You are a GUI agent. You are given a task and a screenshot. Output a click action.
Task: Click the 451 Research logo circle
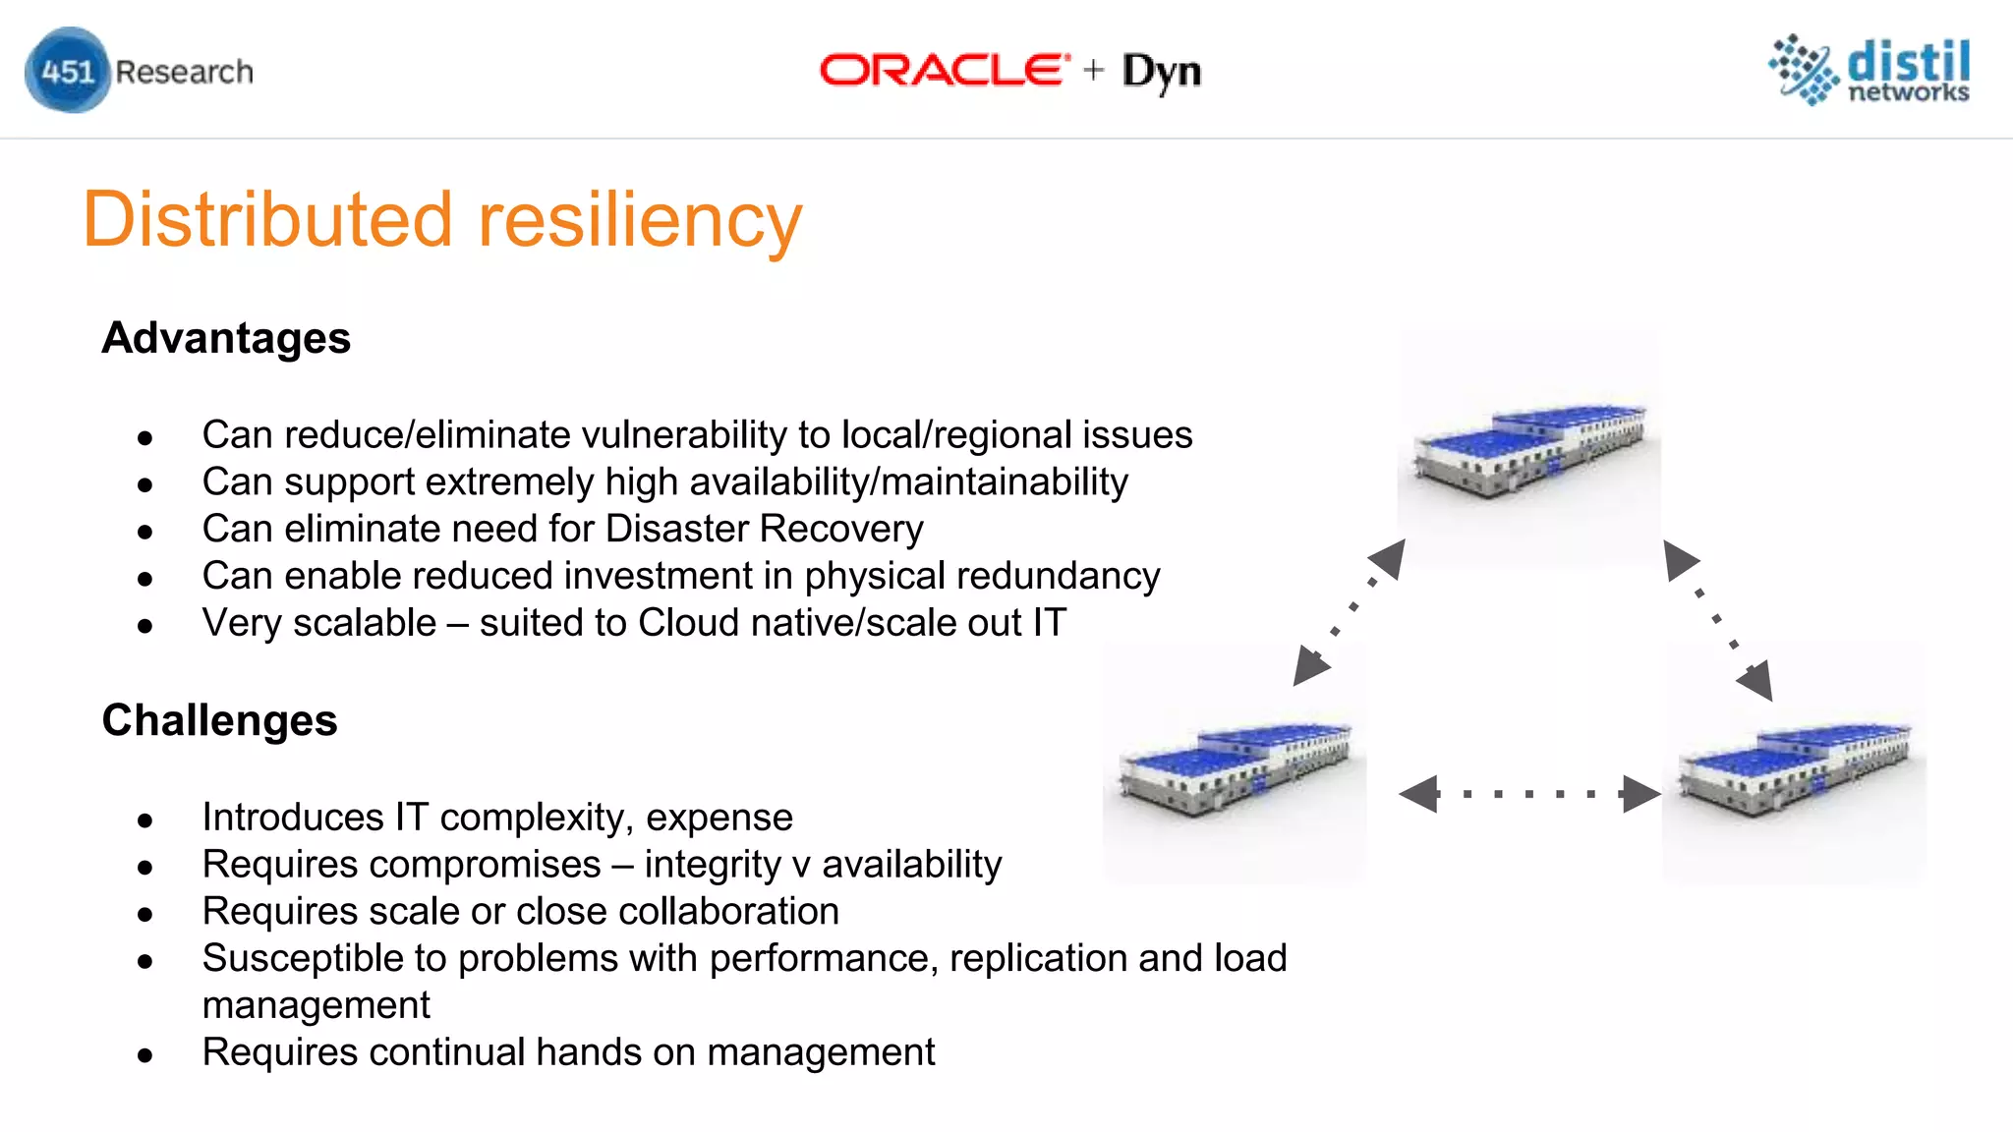click(67, 71)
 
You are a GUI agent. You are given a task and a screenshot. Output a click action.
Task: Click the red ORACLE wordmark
click(944, 71)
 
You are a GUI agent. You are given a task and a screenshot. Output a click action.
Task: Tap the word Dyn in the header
click(1162, 72)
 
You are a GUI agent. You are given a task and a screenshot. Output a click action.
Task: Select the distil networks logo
click(1869, 70)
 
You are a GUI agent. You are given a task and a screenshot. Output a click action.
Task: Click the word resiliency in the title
click(640, 220)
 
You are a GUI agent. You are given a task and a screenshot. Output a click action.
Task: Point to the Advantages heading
click(226, 338)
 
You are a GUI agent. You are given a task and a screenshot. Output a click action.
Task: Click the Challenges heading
click(220, 720)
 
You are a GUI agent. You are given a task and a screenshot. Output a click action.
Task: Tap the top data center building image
click(1529, 450)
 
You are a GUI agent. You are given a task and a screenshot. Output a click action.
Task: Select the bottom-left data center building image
click(1236, 767)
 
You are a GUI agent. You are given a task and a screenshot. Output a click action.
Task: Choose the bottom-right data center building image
click(1795, 767)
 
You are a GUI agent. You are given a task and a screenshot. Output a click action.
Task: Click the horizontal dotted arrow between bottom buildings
click(1529, 794)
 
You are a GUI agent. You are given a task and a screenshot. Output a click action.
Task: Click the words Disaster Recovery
click(765, 529)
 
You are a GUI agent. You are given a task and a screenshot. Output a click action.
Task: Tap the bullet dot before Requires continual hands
click(145, 1055)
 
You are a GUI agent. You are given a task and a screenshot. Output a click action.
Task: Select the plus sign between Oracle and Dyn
click(1094, 71)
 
